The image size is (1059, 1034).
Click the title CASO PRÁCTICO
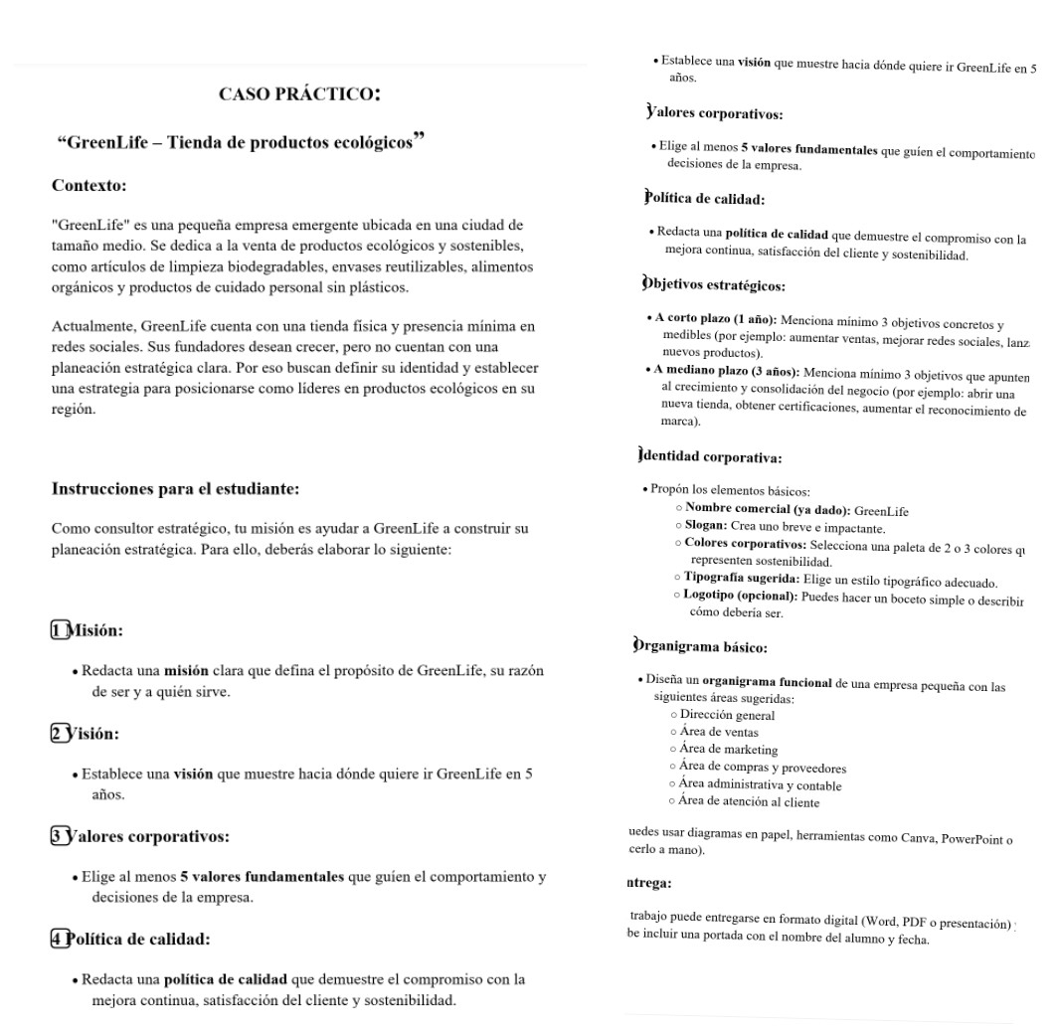point(299,95)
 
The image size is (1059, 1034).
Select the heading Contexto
point(88,185)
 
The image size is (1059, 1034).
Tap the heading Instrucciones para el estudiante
point(175,488)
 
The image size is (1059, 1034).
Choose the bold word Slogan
point(706,527)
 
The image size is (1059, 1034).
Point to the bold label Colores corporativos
point(745,545)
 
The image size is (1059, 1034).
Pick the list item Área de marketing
point(729,750)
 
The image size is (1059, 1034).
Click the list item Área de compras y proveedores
point(763,768)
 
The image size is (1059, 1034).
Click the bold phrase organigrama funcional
point(767,684)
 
